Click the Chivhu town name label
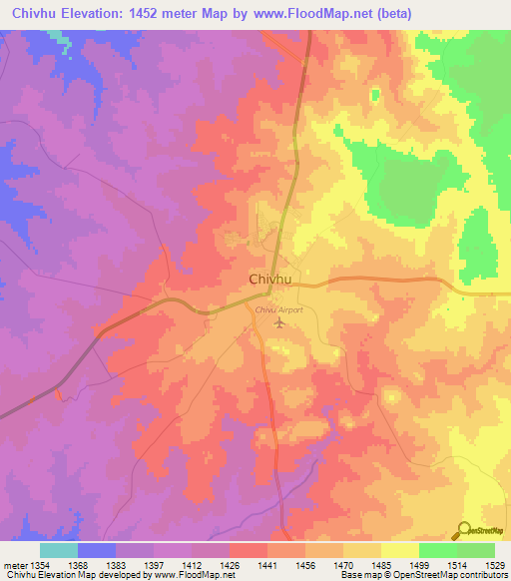[269, 281]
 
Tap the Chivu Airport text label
[278, 311]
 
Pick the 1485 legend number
[380, 565]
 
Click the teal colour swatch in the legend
[58, 550]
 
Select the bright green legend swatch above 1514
[437, 550]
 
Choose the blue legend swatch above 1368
[96, 550]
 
